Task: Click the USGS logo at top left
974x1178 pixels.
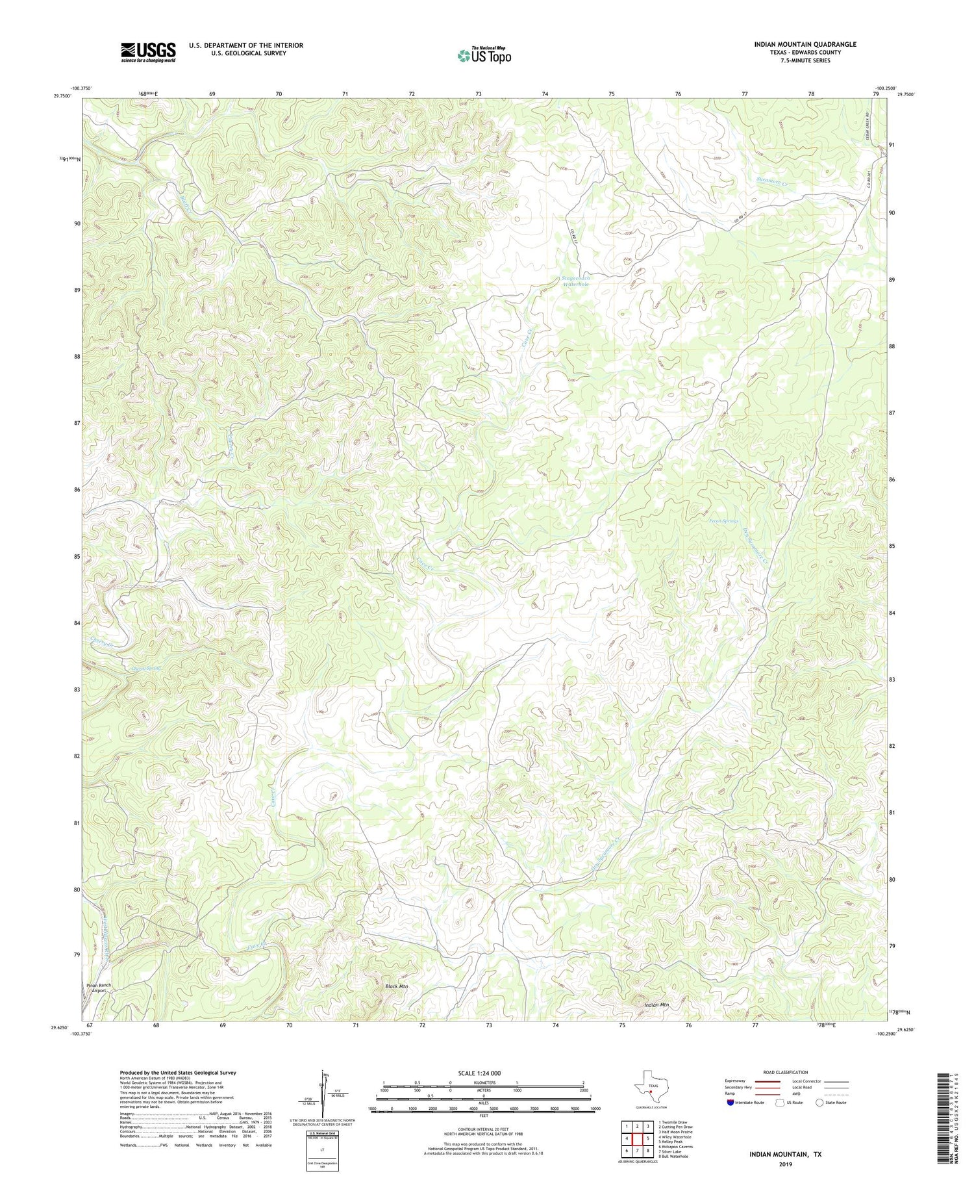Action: [148, 52]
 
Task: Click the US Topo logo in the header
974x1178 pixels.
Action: [484, 55]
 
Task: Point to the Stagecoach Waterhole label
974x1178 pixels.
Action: [576, 281]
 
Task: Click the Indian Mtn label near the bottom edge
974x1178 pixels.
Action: [657, 1005]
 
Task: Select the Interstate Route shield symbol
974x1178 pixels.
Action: [730, 1103]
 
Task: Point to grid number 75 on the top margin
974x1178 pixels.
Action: [611, 95]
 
